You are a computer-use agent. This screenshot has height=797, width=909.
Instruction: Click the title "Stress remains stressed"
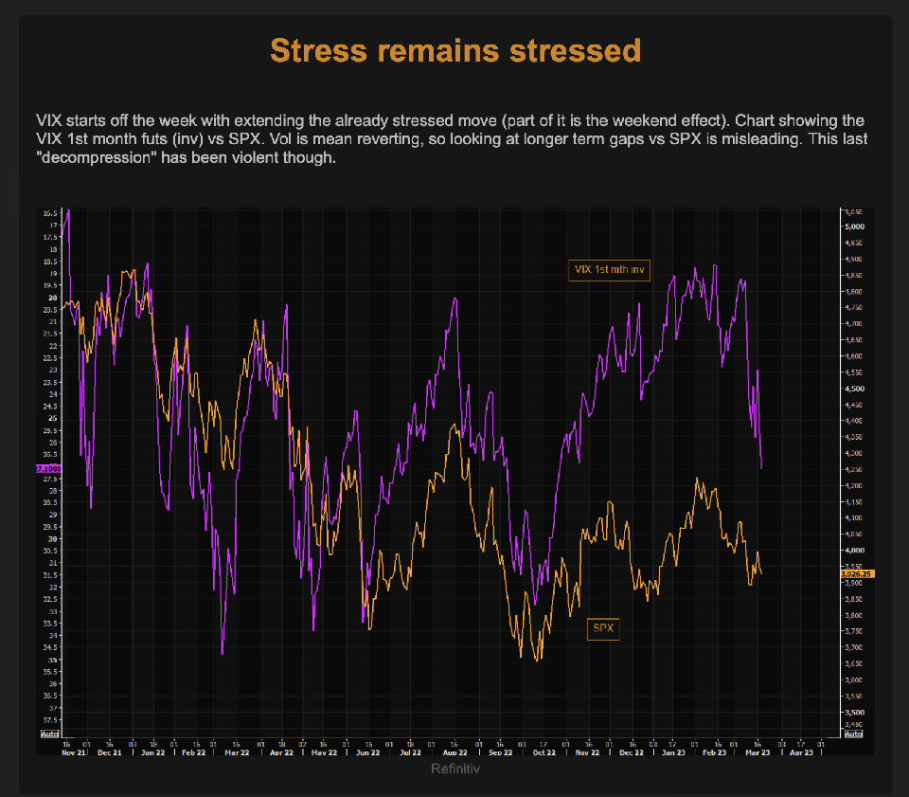(x=455, y=50)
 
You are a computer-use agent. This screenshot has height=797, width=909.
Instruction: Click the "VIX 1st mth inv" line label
(x=610, y=270)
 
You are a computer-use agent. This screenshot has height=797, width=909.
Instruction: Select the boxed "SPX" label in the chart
(x=603, y=627)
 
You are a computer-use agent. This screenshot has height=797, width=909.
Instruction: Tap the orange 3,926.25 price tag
(x=857, y=574)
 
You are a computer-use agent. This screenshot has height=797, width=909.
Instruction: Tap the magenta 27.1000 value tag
(x=47, y=468)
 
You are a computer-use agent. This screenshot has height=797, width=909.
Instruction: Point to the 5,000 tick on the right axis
(x=854, y=227)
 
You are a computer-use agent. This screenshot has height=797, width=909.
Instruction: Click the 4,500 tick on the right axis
(x=854, y=389)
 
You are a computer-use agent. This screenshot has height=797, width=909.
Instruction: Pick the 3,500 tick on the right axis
(x=854, y=712)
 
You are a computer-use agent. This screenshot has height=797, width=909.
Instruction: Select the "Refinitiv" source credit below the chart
(x=455, y=769)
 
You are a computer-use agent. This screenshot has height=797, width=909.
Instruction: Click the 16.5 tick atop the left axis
(x=49, y=213)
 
